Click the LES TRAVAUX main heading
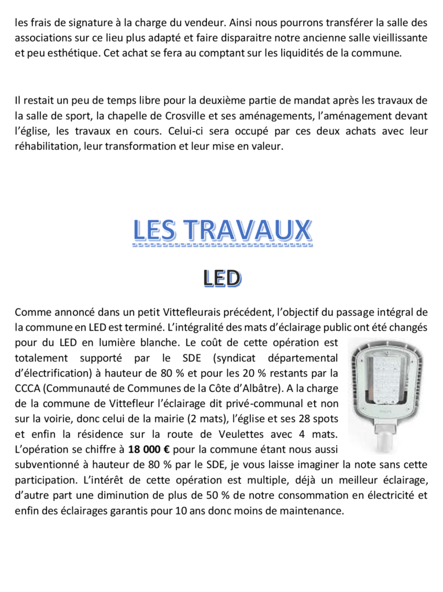[x=221, y=231]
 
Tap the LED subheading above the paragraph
[x=221, y=279]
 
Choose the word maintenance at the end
[x=312, y=510]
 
